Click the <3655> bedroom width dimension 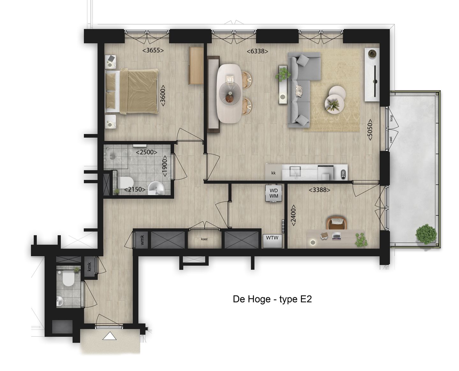pos(153,50)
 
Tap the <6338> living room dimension pos(257,51)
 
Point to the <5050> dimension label pos(370,130)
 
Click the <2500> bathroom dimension pos(147,152)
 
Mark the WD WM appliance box pos(274,193)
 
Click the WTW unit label pos(272,238)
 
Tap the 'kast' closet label pos(204,239)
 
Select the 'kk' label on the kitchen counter pos(273,173)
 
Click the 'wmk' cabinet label pos(142,240)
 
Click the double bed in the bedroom pos(132,91)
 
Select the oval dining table pos(229,93)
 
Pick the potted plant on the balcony pos(426,234)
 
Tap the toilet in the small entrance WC pos(68,279)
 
